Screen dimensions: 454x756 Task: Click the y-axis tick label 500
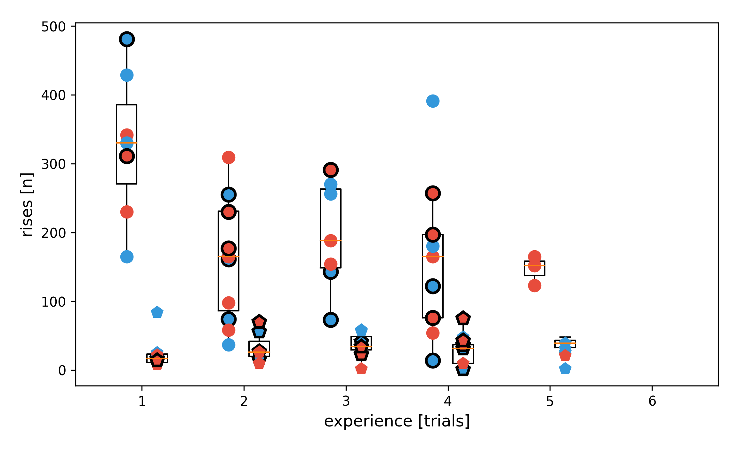click(x=53, y=27)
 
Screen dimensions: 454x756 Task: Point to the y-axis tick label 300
click(x=53, y=164)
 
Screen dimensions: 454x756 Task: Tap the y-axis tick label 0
click(x=62, y=371)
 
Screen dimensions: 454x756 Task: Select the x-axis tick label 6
click(x=652, y=401)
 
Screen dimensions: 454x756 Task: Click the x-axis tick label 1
click(x=142, y=401)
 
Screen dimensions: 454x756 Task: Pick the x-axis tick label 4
click(x=448, y=401)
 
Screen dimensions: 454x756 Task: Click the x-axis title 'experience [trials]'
click(x=397, y=421)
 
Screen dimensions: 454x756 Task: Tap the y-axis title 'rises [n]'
click(x=27, y=205)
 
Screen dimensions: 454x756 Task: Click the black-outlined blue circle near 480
click(x=127, y=39)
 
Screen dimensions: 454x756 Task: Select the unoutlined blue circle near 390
click(x=433, y=101)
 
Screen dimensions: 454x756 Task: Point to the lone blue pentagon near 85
click(x=157, y=312)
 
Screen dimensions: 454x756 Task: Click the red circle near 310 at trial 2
click(x=229, y=157)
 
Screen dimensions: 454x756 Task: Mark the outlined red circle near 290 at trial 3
click(x=331, y=170)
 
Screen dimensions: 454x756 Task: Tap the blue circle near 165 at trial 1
click(x=127, y=257)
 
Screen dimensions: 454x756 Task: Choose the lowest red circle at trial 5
click(x=535, y=285)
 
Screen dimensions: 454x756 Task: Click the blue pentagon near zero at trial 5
click(x=565, y=369)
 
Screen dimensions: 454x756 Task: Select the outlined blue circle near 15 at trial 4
click(x=433, y=361)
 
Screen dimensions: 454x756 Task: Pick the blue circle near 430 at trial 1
click(x=127, y=75)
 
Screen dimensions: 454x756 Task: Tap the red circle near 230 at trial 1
click(x=127, y=212)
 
